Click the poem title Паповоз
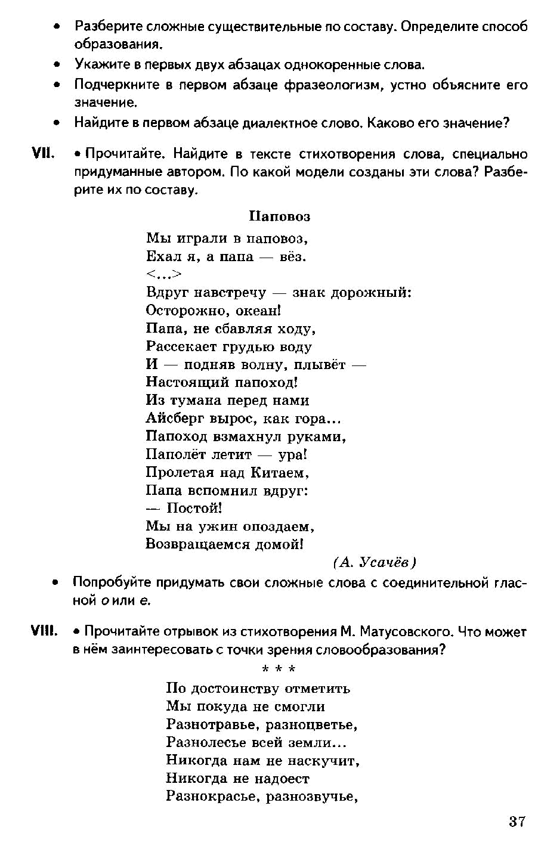click(x=280, y=216)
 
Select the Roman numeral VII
click(x=44, y=154)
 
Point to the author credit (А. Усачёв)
click(x=375, y=563)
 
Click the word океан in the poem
click(x=258, y=311)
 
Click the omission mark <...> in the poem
click(x=163, y=274)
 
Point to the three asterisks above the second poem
click(x=279, y=668)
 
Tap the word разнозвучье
click(x=312, y=796)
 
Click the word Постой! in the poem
click(x=194, y=509)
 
